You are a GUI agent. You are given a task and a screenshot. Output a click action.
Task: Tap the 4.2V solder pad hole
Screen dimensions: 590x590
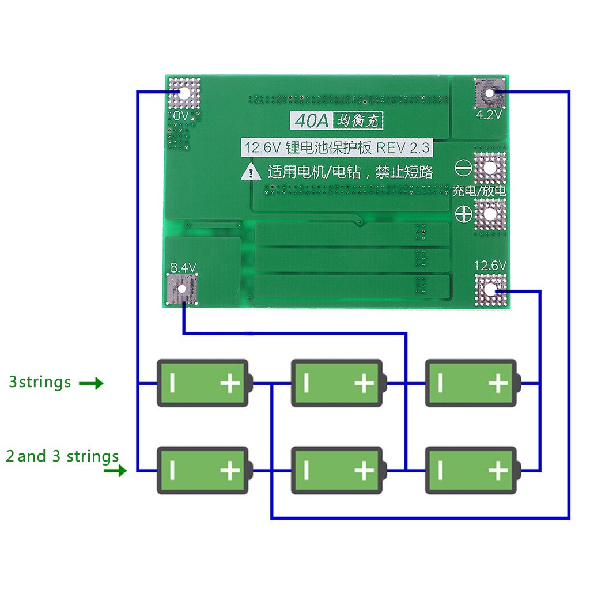tap(490, 93)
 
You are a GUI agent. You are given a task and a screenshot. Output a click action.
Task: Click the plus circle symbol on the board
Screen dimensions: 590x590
tap(464, 212)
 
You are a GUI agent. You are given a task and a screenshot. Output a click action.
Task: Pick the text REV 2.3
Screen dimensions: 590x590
tap(403, 148)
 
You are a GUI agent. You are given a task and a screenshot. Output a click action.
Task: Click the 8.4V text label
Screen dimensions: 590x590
tap(183, 267)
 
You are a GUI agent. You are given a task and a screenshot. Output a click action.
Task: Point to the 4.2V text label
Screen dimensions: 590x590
tap(489, 115)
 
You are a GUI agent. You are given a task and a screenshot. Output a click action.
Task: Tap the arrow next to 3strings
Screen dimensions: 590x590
tap(91, 383)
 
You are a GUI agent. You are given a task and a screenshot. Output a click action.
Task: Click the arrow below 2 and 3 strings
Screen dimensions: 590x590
tap(115, 471)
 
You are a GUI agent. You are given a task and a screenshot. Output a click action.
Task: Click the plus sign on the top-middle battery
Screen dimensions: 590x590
tap(364, 383)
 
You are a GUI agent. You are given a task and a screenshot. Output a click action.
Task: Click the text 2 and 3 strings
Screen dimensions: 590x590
tap(62, 456)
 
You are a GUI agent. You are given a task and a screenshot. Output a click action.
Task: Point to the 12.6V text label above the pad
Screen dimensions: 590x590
tap(490, 266)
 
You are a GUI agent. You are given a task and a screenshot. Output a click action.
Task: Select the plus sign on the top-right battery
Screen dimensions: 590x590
tap(498, 383)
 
